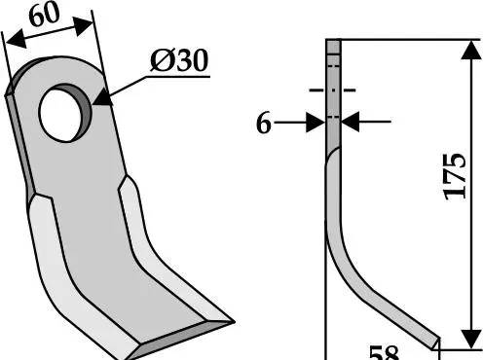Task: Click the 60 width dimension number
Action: [x=45, y=15]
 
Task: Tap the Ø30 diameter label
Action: [x=179, y=60]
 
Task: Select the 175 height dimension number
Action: [x=455, y=176]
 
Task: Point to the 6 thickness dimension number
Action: [x=263, y=124]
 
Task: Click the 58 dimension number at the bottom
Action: [x=384, y=353]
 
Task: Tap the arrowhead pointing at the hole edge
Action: [x=102, y=98]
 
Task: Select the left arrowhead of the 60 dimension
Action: [x=16, y=38]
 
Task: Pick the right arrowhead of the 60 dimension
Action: [x=83, y=26]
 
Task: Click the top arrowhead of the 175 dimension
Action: [x=471, y=50]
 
